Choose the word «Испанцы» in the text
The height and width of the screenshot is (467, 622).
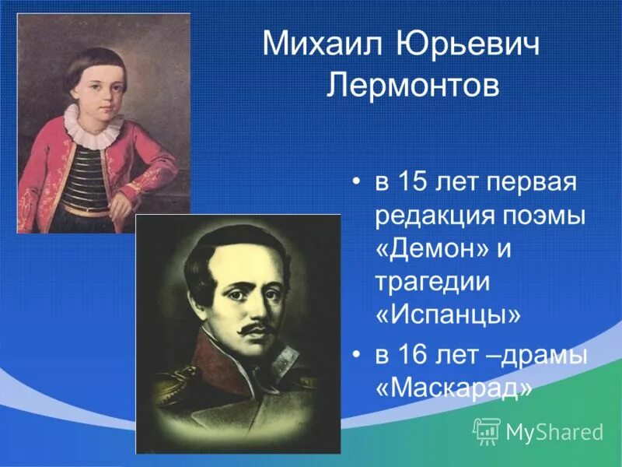(x=448, y=315)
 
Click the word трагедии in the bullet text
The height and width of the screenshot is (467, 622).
(x=432, y=283)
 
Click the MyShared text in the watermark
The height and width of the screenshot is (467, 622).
(x=554, y=432)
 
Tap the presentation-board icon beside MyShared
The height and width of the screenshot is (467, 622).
(x=487, y=431)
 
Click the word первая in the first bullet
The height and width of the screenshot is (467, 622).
(x=531, y=184)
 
